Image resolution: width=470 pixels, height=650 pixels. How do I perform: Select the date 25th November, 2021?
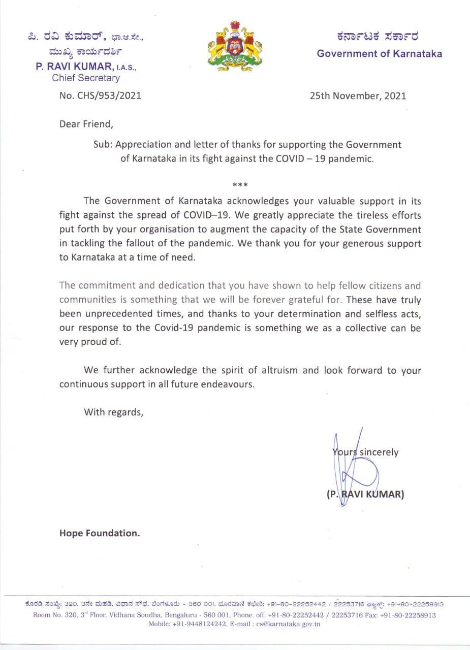tap(358, 95)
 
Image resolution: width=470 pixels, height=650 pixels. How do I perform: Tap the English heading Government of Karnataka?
tap(379, 53)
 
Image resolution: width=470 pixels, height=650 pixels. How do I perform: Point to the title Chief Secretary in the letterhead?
tap(86, 78)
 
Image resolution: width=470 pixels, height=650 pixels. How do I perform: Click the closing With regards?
tap(114, 412)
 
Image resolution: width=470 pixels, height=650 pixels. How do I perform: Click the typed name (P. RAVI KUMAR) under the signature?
tap(365, 494)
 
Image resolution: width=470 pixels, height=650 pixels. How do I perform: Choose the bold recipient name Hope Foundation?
tap(100, 533)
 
